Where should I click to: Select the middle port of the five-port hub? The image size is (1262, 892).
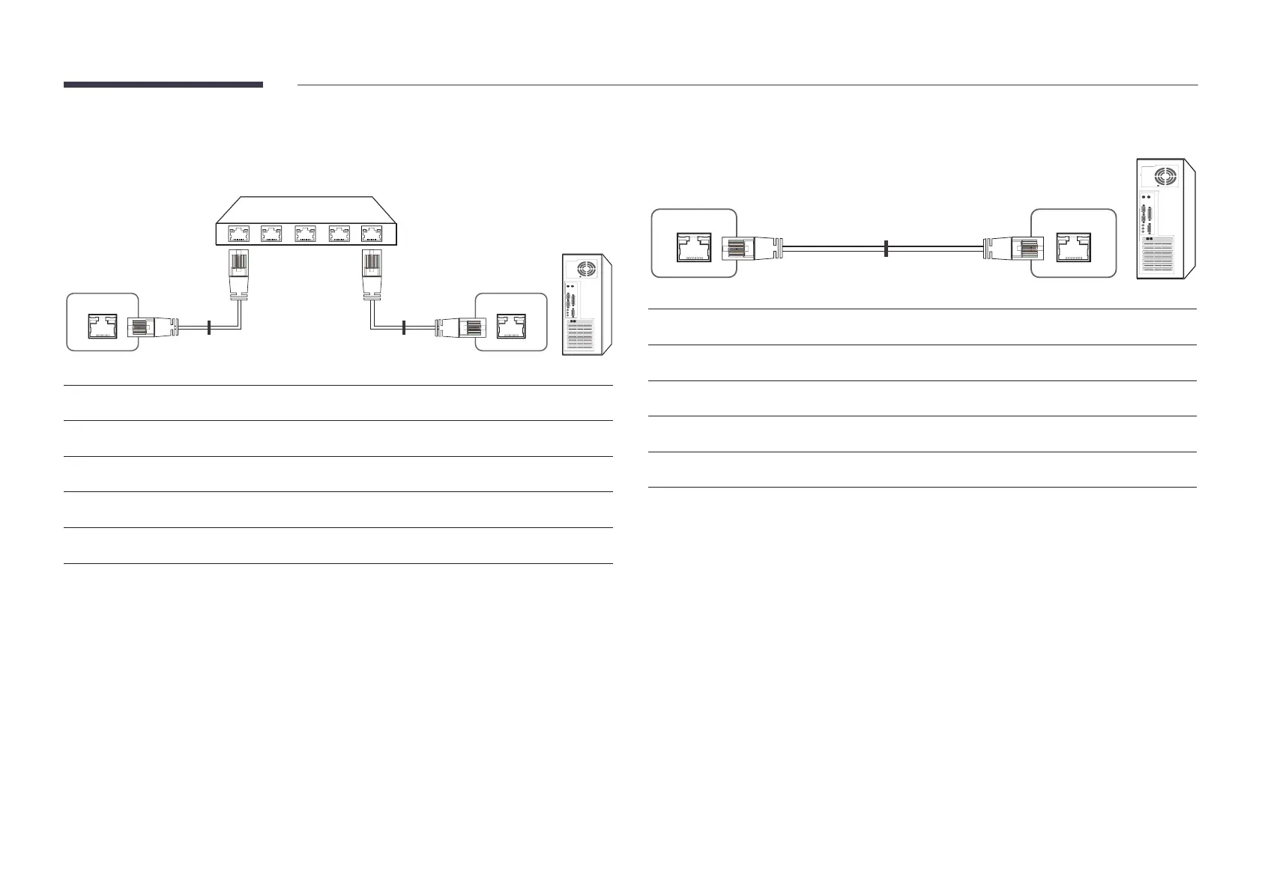[x=305, y=234]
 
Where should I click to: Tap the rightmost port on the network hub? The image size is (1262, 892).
[x=372, y=234]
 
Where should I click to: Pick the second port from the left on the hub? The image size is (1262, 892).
[x=271, y=234]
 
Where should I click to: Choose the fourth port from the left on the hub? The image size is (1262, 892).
[x=339, y=234]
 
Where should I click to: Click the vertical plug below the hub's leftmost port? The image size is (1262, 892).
[x=238, y=274]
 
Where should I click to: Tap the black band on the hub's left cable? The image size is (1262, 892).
[x=209, y=327]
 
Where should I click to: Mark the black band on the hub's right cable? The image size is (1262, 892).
[x=404, y=327]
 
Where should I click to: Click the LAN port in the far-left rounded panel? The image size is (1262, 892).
[x=103, y=327]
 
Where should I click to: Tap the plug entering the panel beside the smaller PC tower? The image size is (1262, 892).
[x=459, y=327]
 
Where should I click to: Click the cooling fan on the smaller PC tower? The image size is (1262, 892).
[x=585, y=270]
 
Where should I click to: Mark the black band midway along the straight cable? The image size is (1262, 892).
[x=886, y=248]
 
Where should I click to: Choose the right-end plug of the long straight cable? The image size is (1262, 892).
[x=1015, y=248]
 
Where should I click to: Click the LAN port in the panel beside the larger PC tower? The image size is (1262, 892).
[x=1073, y=248]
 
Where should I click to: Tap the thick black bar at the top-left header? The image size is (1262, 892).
[x=163, y=85]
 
